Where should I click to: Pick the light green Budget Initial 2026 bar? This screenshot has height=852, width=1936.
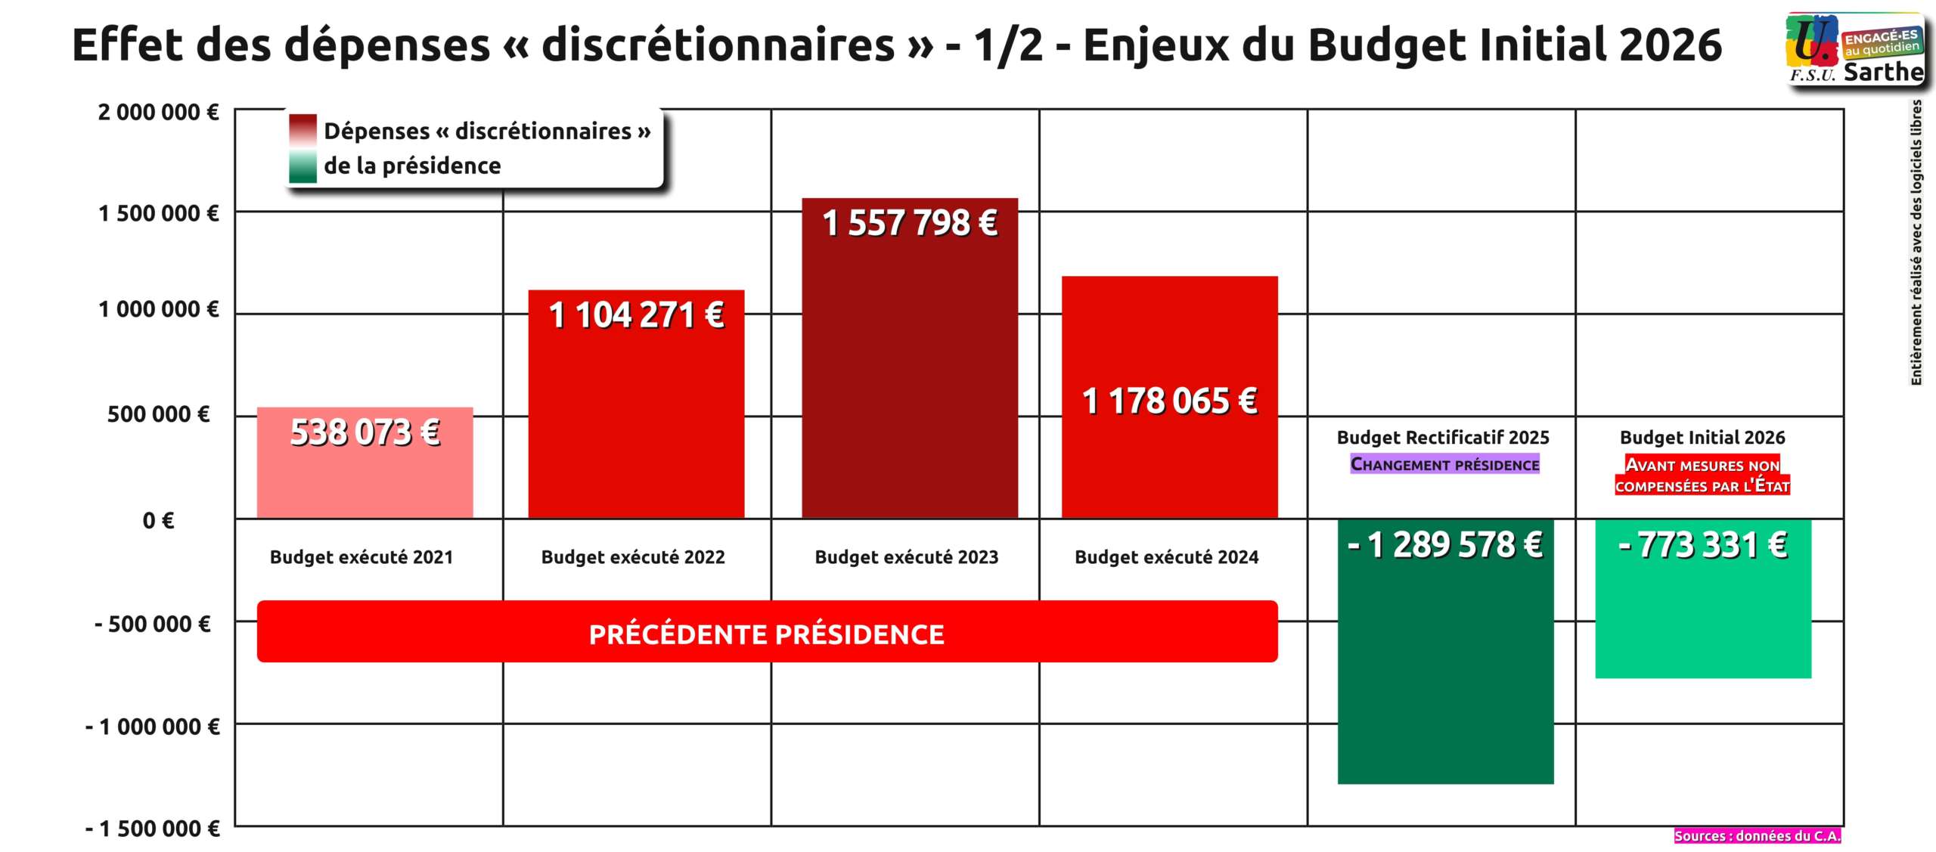(x=1703, y=620)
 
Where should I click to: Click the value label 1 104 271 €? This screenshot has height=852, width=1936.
(x=636, y=315)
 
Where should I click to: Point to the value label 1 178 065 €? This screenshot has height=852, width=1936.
(x=1169, y=401)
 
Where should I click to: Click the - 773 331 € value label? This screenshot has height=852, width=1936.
(x=1703, y=545)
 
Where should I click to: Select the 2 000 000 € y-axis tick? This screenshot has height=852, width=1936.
(x=158, y=113)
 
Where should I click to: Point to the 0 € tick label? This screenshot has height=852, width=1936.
(x=158, y=520)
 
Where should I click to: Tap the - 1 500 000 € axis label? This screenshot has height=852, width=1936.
(x=152, y=829)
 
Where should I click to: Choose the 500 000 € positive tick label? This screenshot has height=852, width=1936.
(x=158, y=414)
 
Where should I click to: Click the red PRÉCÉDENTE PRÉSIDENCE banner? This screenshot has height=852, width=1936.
(x=767, y=633)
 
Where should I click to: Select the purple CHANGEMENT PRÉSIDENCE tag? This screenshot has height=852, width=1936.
(x=1444, y=464)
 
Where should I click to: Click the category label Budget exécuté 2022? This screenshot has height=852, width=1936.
(x=633, y=557)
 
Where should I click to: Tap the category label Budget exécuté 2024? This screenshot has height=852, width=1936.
(x=1166, y=557)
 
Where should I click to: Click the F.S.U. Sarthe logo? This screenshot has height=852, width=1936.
(x=1854, y=49)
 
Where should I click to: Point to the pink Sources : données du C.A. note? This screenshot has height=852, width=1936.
(x=1757, y=835)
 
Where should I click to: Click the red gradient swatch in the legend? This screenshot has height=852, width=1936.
(x=302, y=130)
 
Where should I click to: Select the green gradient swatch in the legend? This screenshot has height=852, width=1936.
(x=302, y=166)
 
